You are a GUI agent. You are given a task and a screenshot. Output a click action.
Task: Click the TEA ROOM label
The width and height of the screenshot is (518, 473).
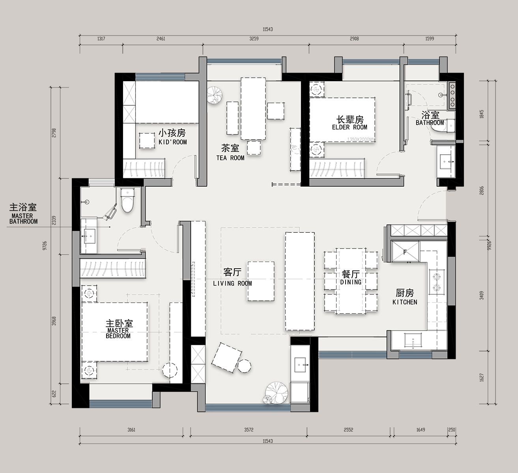click(x=230, y=158)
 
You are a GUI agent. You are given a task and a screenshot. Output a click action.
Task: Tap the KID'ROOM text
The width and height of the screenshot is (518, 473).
click(x=172, y=142)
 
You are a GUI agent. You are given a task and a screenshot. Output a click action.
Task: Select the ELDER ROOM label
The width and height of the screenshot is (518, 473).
click(x=350, y=127)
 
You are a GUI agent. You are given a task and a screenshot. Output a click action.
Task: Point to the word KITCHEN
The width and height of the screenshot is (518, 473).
click(x=405, y=302)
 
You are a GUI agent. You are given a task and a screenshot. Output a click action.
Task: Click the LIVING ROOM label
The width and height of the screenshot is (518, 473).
click(x=232, y=283)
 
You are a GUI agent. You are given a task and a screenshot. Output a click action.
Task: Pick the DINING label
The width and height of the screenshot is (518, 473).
click(x=351, y=282)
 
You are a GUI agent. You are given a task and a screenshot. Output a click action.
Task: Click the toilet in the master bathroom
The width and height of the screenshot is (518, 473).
click(x=127, y=200)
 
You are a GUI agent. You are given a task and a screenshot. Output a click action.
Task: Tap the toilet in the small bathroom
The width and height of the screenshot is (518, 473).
click(x=443, y=126)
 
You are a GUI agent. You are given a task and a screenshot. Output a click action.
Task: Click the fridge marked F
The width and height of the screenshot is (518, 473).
click(x=405, y=252)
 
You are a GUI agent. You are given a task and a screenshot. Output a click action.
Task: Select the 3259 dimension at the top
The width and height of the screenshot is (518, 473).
click(x=254, y=39)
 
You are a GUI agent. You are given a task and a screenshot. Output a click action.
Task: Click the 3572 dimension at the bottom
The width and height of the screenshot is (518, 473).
click(x=249, y=430)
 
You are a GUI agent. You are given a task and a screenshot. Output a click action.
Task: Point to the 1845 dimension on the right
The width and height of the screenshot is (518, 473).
click(x=482, y=114)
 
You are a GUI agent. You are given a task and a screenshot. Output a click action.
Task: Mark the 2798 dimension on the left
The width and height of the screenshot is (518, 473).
click(x=54, y=133)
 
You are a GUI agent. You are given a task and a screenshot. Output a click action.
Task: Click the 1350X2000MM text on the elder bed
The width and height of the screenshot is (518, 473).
click(x=361, y=140)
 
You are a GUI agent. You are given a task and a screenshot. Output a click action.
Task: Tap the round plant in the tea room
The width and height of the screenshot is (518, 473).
click(x=215, y=95)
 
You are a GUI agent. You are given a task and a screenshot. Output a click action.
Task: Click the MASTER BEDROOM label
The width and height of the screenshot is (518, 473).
click(x=118, y=333)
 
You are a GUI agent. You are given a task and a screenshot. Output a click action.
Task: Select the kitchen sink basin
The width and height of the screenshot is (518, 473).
click(x=413, y=341)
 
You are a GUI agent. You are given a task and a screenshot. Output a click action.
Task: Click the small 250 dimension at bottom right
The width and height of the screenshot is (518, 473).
click(x=452, y=430)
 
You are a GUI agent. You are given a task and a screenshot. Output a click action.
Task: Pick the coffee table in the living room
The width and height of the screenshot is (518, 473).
click(x=261, y=281)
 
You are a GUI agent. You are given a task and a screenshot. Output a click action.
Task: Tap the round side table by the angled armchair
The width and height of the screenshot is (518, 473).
click(x=244, y=366)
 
